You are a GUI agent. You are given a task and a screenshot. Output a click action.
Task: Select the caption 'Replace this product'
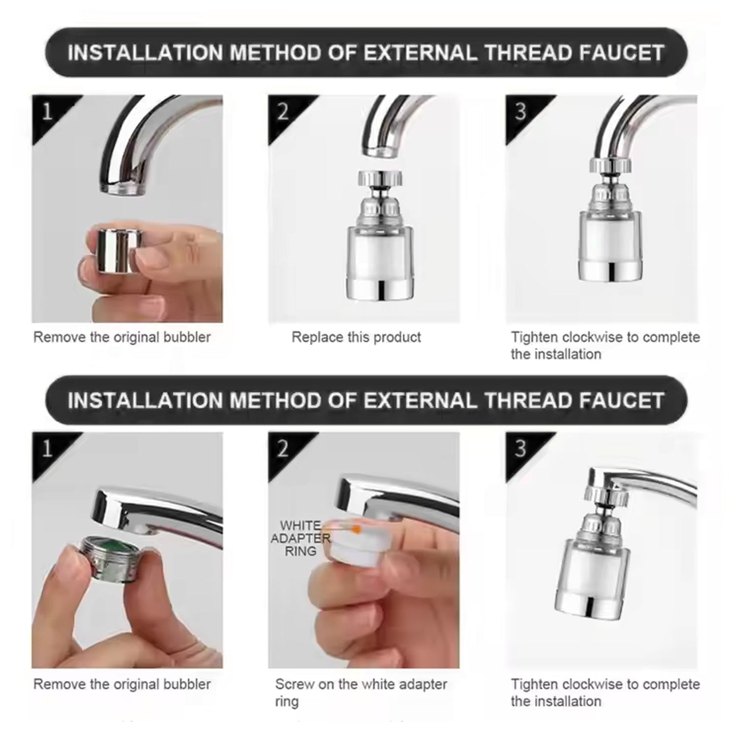(x=356, y=337)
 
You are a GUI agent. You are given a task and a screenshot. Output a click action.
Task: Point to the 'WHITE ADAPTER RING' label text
(x=300, y=538)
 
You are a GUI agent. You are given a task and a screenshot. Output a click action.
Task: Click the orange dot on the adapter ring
(x=357, y=530)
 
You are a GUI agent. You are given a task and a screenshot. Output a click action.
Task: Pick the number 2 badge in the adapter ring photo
(x=283, y=448)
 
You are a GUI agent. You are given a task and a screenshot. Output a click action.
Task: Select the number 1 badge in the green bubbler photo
(x=47, y=448)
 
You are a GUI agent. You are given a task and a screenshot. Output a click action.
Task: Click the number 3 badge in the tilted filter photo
(x=520, y=448)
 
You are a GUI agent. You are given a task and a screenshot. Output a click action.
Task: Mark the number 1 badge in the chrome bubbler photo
(x=47, y=111)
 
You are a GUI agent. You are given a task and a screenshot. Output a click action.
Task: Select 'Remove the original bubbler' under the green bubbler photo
(x=122, y=684)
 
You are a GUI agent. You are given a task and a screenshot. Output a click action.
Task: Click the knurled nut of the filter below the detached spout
(x=379, y=178)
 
